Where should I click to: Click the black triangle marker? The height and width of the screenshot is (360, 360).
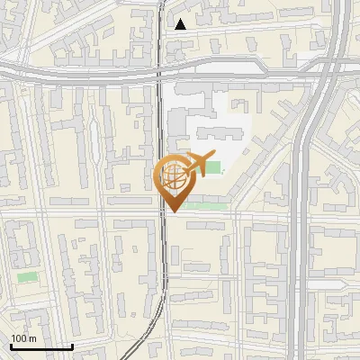coord(181,24)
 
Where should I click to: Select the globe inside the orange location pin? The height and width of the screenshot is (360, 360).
coord(174,175)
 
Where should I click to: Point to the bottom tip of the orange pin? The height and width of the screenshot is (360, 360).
coord(173,211)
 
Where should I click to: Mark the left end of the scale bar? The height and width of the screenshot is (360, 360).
coord(10,346)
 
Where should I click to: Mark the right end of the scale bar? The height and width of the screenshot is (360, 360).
coord(72,346)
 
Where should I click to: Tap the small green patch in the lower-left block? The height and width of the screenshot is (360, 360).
coord(28,277)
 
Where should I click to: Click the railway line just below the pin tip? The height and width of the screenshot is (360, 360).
coord(164,234)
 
